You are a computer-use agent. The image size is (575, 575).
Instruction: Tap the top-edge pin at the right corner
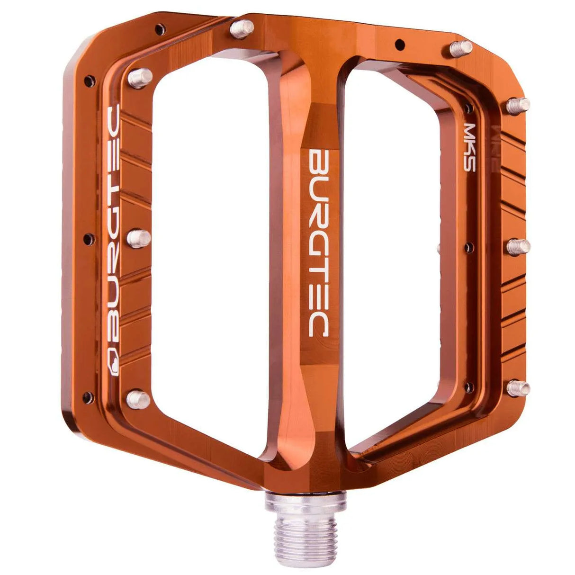pos(461,48)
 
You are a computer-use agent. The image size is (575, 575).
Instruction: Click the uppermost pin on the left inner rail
pos(140,77)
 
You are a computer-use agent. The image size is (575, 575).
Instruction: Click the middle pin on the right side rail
pos(519,246)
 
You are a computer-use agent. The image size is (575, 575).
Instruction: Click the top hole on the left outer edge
pos(88,80)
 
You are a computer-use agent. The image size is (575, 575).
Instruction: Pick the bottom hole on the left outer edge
pos(87,397)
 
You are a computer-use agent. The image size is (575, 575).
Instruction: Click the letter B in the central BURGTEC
pos(319,163)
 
